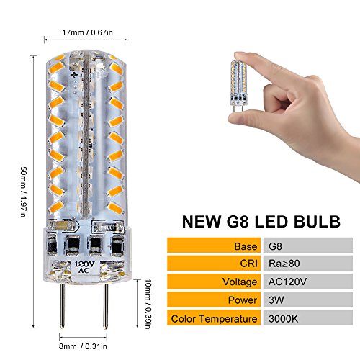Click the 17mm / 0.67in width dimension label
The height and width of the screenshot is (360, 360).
pos(87,32)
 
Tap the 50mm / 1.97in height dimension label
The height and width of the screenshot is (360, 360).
pos(24,192)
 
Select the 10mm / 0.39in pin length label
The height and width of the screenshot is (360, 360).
pos(148,304)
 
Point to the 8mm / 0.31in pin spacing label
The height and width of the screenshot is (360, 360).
pos(83,346)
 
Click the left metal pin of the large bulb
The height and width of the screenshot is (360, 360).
pos(62,305)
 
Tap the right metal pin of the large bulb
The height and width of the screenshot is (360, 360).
pos(105,305)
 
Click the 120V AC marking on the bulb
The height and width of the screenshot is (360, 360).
pos(85,267)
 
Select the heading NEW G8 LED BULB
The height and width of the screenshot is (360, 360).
pos(261,221)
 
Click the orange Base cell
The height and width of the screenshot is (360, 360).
pos(214,245)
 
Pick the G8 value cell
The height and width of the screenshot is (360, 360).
pos(308,245)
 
